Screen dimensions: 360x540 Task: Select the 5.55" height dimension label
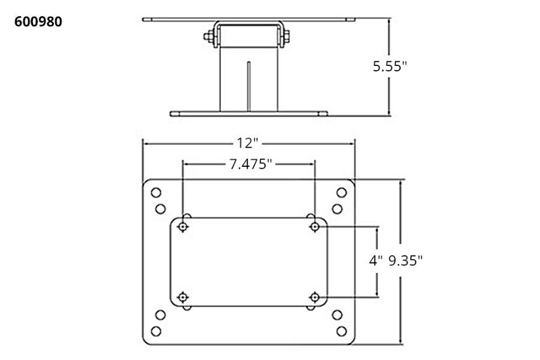coord(389,67)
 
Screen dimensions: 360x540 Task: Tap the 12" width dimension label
coord(248,143)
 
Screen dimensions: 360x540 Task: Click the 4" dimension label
coord(376,261)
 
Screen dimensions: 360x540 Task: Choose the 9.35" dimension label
coord(407,261)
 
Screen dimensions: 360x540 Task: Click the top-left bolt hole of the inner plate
coord(182,226)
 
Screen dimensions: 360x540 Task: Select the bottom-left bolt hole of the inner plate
coord(182,296)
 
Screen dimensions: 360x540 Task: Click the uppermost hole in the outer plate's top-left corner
coord(155,193)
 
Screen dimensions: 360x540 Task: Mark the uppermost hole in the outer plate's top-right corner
coord(341,193)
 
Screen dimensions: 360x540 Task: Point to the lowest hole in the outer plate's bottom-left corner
coord(155,331)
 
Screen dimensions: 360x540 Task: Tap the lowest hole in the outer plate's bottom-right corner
coord(341,331)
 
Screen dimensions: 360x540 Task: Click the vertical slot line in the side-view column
coord(248,84)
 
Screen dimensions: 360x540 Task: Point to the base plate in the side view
coord(248,113)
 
